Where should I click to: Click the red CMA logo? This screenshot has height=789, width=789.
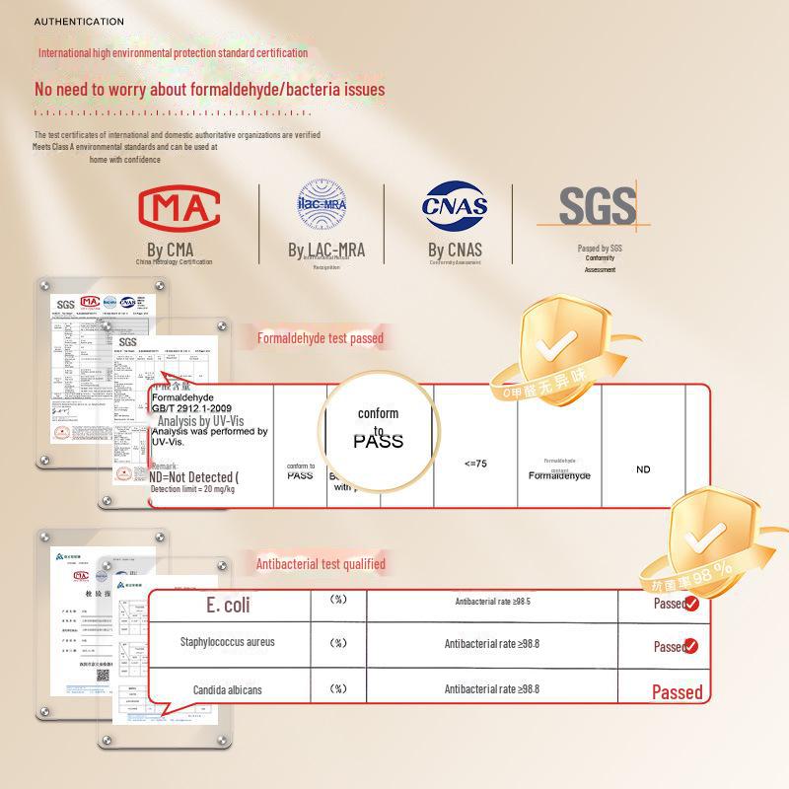click(179, 207)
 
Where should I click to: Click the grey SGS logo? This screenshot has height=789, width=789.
click(597, 205)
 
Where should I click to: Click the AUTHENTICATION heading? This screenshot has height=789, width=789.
click(79, 22)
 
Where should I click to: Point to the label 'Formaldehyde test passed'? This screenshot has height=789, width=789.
click(321, 338)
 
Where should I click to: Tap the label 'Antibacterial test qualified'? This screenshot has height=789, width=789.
click(321, 564)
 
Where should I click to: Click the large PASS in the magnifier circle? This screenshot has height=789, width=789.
click(379, 441)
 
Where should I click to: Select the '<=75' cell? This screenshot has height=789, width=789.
click(475, 464)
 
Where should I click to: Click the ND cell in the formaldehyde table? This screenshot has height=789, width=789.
click(643, 469)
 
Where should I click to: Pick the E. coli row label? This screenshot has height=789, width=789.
click(228, 606)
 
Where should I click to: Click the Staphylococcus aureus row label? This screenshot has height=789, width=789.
click(227, 643)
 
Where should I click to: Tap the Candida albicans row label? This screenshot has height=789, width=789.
click(228, 690)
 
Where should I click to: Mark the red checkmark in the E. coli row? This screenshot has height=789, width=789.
click(691, 604)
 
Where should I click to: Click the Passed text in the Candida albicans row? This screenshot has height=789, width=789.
click(677, 692)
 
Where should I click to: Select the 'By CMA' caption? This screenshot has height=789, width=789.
click(171, 250)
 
